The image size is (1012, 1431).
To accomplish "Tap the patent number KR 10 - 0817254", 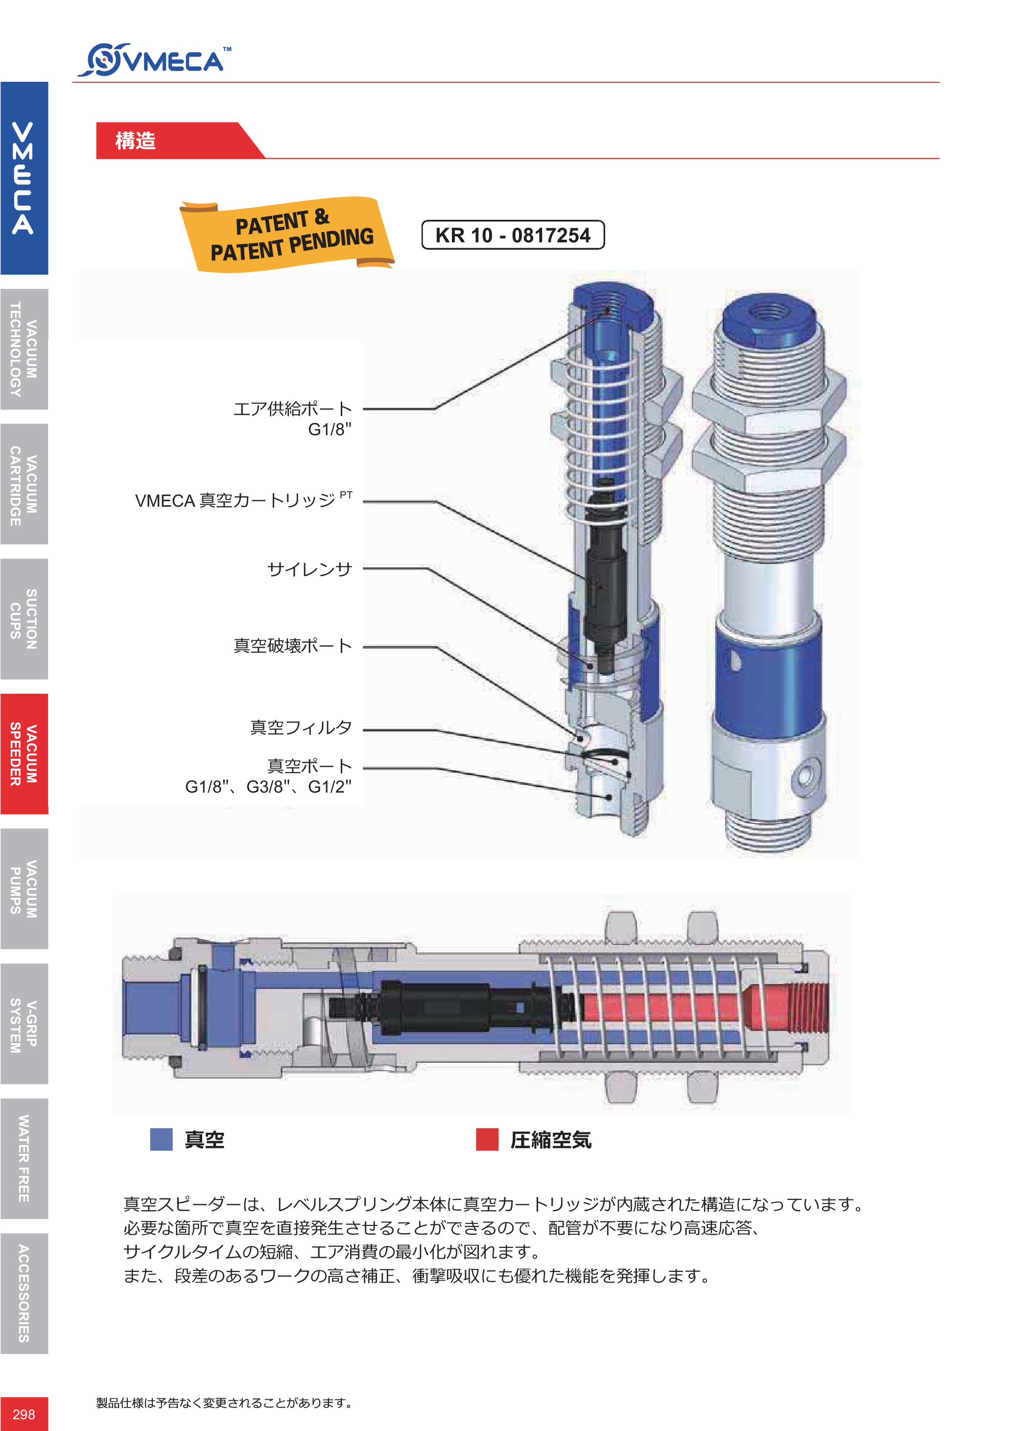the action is click(x=513, y=235).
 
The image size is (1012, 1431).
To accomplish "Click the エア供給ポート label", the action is click(x=292, y=409).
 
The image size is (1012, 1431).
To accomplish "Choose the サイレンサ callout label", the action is click(x=310, y=569).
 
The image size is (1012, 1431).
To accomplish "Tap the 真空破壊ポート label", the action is click(x=292, y=646).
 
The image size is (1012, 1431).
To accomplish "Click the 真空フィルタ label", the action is click(x=301, y=727).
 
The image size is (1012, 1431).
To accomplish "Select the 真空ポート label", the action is click(x=310, y=766).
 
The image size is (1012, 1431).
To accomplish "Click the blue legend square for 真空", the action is click(x=162, y=1139).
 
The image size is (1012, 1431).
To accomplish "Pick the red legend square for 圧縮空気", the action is click(x=487, y=1139).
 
